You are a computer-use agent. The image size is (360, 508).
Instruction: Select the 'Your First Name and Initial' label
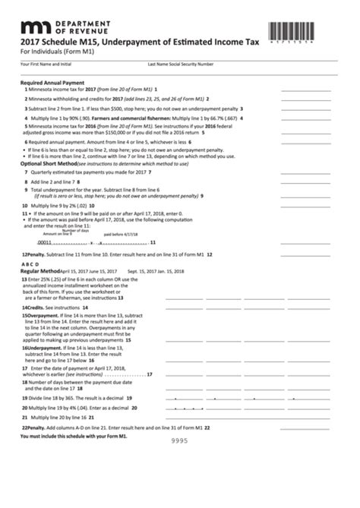[x=44, y=65]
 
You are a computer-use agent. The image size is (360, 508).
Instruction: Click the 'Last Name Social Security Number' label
[x=180, y=65]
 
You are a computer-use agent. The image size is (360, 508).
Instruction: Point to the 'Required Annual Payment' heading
[x=52, y=82]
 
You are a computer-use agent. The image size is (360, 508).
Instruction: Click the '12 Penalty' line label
[x=36, y=254]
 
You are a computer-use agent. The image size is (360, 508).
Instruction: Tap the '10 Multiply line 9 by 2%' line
[x=58, y=206]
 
